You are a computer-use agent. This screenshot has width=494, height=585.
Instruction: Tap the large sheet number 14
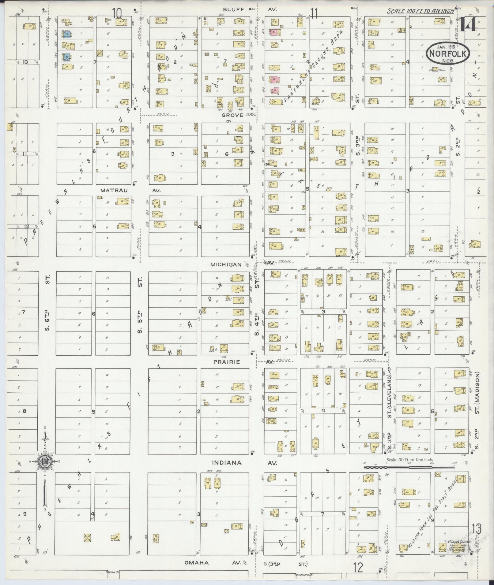[x=468, y=24]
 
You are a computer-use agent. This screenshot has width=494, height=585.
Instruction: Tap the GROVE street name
[x=233, y=115]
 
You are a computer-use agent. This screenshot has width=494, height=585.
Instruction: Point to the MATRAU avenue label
[x=114, y=190]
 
